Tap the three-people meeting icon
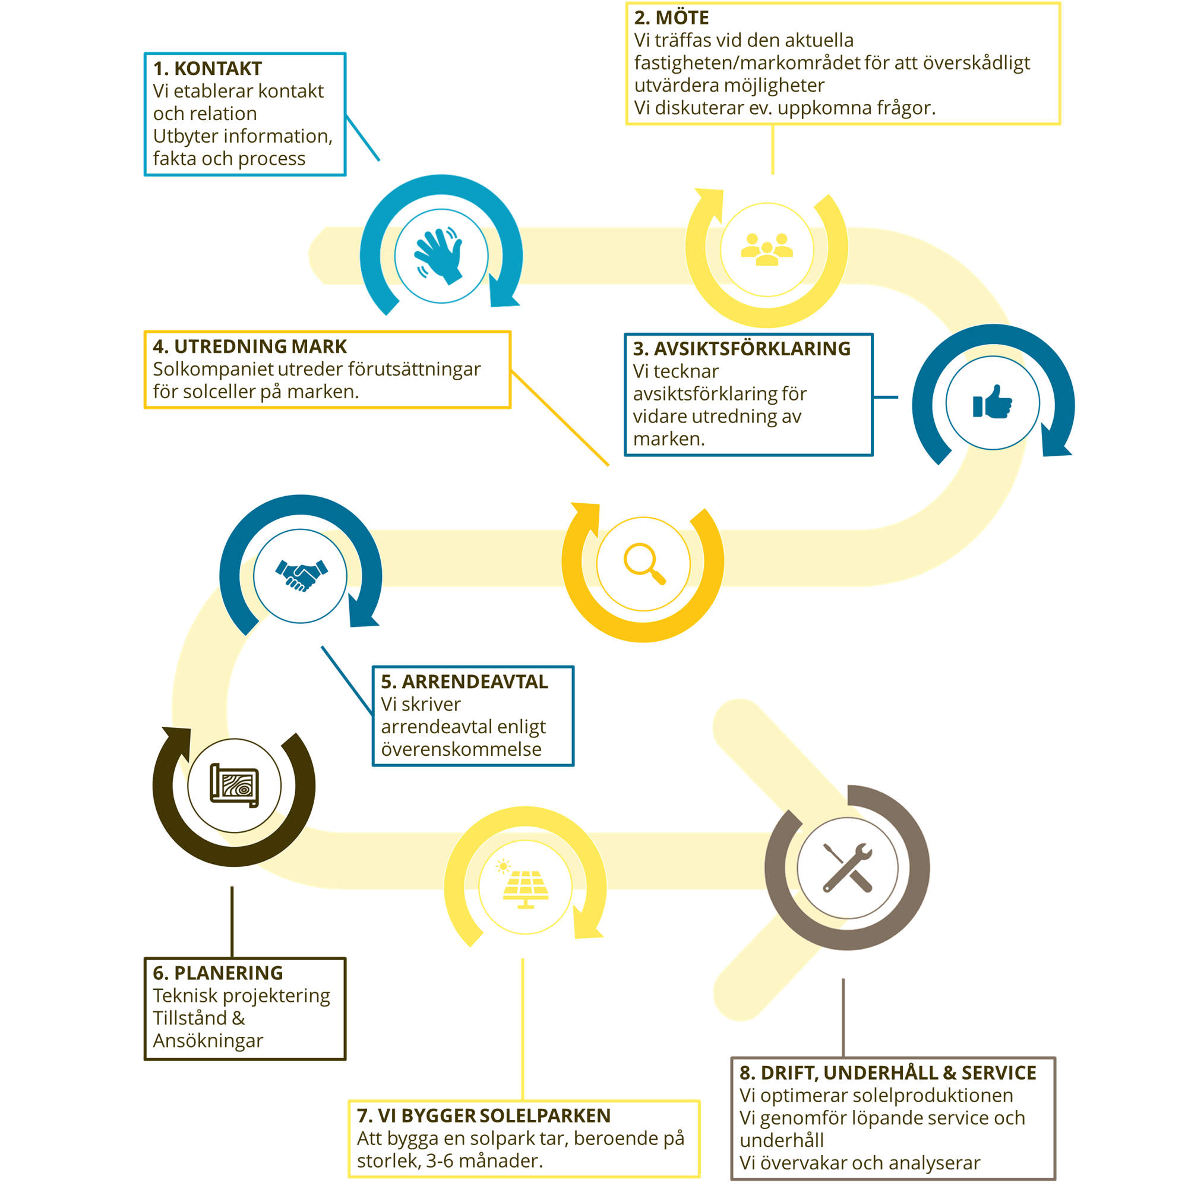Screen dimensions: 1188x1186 [x=767, y=249]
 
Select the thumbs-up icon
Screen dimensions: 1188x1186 [x=993, y=402]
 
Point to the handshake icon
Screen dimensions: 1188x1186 [x=301, y=575]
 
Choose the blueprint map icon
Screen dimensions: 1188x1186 [x=234, y=786]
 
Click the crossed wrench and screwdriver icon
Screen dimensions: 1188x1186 [x=848, y=868]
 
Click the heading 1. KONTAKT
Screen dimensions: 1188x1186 [x=207, y=68]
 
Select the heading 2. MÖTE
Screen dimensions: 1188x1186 [x=671, y=18]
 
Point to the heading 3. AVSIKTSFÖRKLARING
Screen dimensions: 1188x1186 [x=741, y=349]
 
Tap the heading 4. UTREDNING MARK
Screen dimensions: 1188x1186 [x=249, y=346]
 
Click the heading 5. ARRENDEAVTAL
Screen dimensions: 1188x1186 [x=465, y=682]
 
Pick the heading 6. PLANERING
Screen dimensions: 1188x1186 [x=217, y=973]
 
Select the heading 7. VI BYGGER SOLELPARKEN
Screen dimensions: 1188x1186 [x=484, y=1115]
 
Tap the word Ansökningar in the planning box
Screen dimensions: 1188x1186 [x=208, y=1041]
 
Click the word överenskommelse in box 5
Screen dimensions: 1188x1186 [x=461, y=749]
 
